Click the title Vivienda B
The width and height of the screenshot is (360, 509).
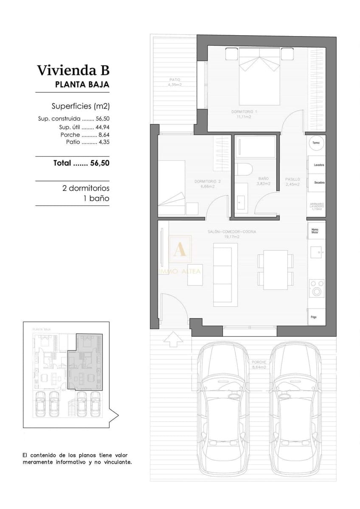73,70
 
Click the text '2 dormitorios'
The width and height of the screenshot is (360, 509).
86,188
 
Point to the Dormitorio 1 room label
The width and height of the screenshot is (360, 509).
244,114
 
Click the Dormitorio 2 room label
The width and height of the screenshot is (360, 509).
207,184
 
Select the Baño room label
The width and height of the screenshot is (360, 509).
264,181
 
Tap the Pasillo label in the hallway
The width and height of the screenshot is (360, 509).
292,182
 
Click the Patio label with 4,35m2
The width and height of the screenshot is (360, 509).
174,82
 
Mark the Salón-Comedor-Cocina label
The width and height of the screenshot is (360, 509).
232,234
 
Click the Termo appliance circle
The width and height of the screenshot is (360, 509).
316,143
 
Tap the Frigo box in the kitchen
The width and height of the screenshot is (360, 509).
315,316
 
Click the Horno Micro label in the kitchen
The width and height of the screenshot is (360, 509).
315,231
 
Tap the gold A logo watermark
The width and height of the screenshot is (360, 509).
180,250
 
